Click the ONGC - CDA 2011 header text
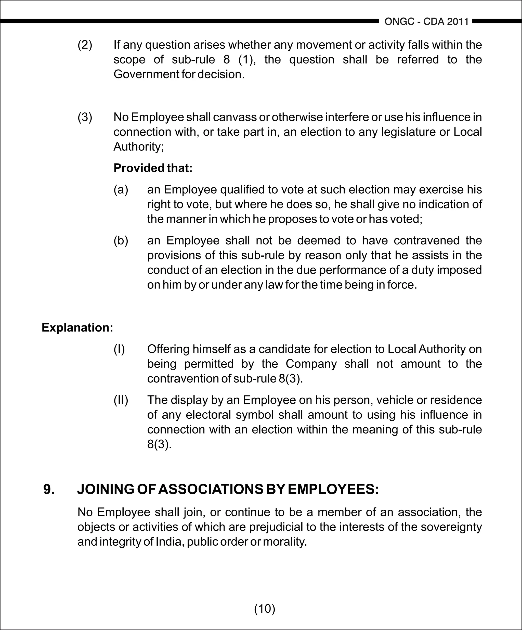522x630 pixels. pos(426,22)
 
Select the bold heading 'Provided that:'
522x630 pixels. pos(153,168)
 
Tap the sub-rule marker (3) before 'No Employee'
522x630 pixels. pos(85,117)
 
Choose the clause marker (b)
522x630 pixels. pos(121,240)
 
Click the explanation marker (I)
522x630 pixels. pos(119,349)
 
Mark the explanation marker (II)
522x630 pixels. pos(121,400)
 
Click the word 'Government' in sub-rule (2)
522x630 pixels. pos(146,74)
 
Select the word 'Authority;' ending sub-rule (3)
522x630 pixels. pos(139,147)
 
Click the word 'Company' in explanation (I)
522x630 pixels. pos(311,364)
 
